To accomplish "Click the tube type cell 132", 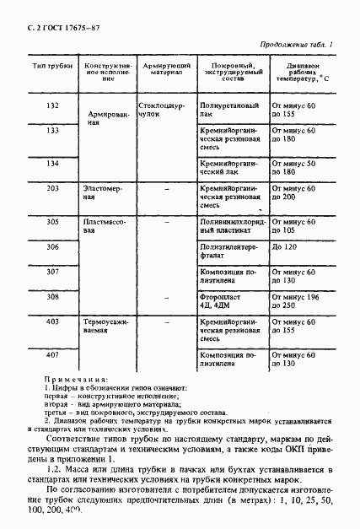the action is [x=52, y=105].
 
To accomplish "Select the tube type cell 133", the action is [x=52, y=132].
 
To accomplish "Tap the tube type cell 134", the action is [x=52, y=163].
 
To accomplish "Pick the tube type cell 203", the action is [x=52, y=189].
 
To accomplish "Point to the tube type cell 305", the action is [x=52, y=222].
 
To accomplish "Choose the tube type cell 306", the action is [x=52, y=246].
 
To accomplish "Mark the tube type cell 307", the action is [x=52, y=272].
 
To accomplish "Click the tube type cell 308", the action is [x=52, y=297].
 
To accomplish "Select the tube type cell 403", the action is [x=52, y=322].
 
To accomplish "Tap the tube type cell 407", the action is [x=52, y=354].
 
